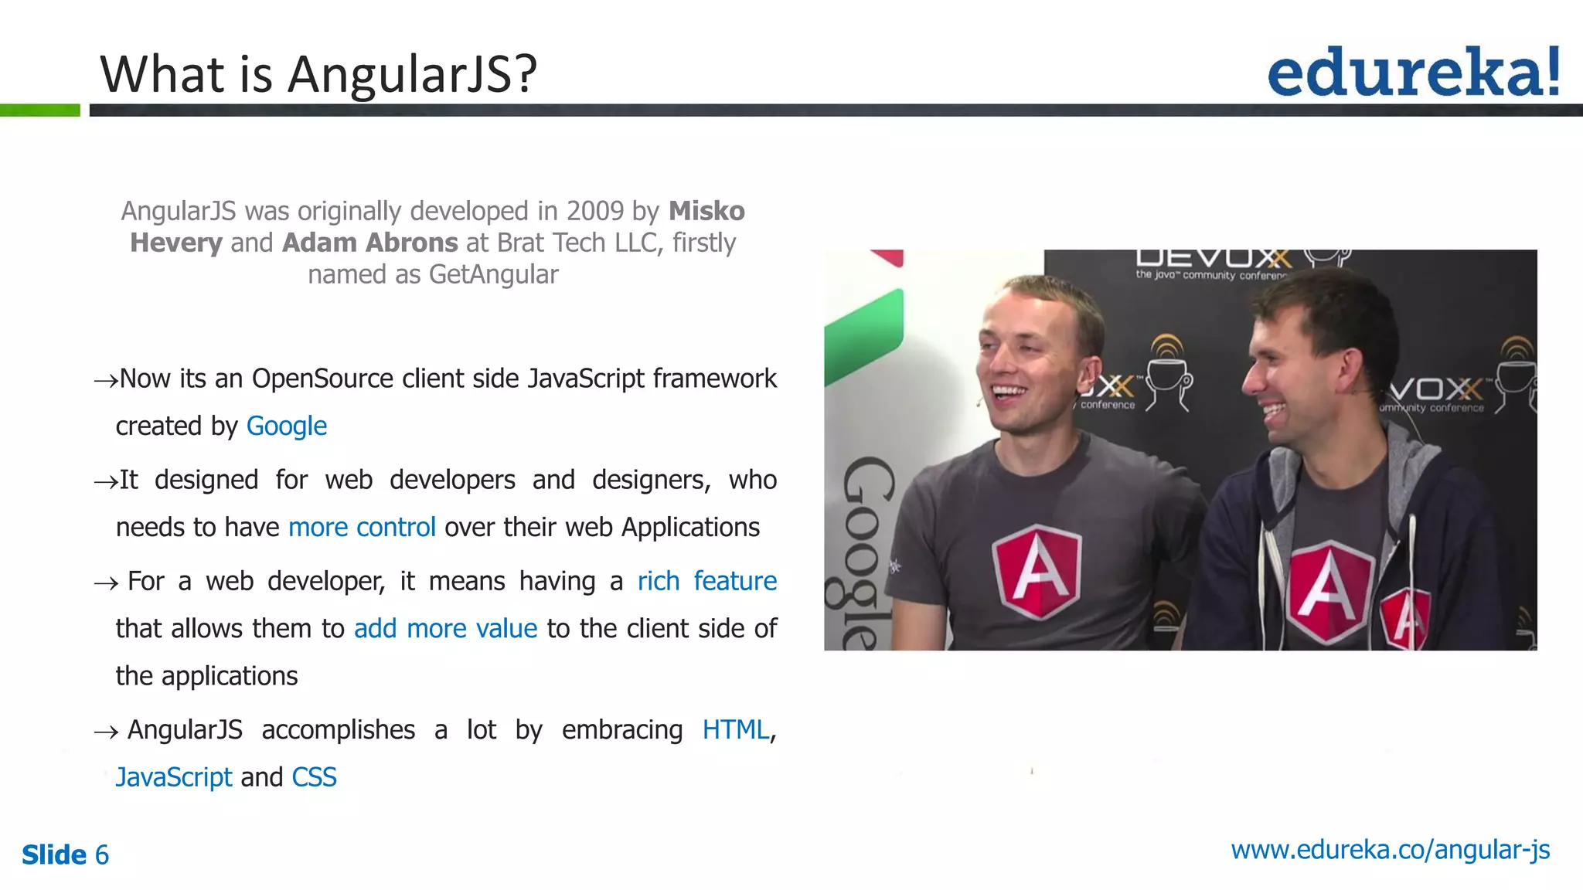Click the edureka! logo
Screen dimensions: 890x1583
(x=1413, y=72)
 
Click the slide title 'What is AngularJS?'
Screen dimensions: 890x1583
(x=318, y=74)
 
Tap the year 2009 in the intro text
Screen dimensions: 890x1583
(x=594, y=211)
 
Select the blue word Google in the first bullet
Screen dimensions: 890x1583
(x=286, y=426)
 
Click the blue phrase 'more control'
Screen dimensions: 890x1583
(x=362, y=527)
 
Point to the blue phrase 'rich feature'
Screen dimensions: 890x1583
(x=706, y=581)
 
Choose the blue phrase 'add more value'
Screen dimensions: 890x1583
(x=445, y=629)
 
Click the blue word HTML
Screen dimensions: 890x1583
(x=735, y=730)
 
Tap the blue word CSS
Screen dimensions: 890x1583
(x=314, y=777)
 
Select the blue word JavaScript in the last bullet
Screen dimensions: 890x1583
(x=174, y=777)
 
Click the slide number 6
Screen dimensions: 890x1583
(x=101, y=855)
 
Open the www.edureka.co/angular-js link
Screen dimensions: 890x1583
(x=1390, y=850)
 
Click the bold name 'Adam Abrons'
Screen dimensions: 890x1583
(x=370, y=243)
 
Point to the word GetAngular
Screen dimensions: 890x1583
(x=493, y=274)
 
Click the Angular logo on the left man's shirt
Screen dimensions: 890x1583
(x=1036, y=571)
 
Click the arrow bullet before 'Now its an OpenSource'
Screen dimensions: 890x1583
(x=105, y=380)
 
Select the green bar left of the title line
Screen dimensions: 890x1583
(x=39, y=110)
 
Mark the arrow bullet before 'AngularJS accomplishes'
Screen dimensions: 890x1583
(x=105, y=732)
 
